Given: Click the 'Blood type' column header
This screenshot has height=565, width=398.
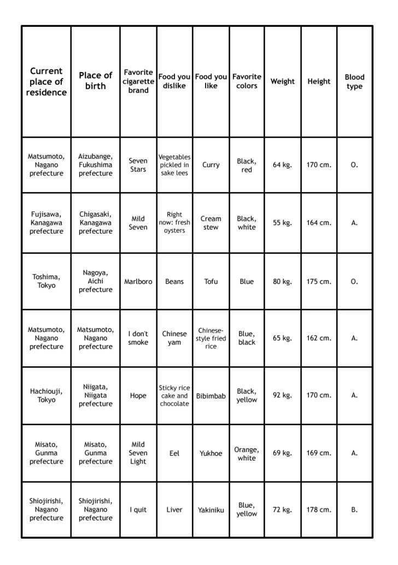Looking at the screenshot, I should point(354,82).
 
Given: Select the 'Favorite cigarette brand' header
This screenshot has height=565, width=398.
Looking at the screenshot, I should point(138,81).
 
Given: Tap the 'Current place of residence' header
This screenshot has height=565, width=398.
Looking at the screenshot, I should point(46,82).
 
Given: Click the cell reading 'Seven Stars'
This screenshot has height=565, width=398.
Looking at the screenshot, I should point(138,165).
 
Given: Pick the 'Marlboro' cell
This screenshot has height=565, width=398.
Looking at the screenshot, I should point(138,282).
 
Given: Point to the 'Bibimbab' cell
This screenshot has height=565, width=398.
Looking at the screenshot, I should point(211,396).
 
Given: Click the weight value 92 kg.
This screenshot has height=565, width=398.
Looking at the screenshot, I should point(283,395).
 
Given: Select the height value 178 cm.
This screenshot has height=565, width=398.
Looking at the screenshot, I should point(319,510).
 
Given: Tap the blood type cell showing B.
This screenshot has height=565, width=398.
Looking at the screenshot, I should point(354,510).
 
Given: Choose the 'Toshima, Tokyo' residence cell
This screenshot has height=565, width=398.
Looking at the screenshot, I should point(46,281).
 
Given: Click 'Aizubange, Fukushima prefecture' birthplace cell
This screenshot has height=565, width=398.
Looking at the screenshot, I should point(96,165).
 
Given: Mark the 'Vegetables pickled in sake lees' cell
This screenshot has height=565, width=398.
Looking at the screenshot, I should point(174,165).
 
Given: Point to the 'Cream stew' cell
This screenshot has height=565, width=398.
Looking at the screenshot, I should point(211,223).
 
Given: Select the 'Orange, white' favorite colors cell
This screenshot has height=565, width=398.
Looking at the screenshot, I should point(247,454).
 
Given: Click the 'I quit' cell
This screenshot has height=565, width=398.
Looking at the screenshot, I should point(138,510).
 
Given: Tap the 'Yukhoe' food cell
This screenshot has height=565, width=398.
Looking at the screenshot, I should point(211,453).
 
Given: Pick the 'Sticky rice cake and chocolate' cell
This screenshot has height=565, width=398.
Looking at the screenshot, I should point(174,396).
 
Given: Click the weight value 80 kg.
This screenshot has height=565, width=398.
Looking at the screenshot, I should point(283,282).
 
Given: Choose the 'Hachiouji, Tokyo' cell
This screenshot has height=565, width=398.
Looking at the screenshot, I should point(46,395).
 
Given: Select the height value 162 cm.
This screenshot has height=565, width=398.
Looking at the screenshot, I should point(319,338).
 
